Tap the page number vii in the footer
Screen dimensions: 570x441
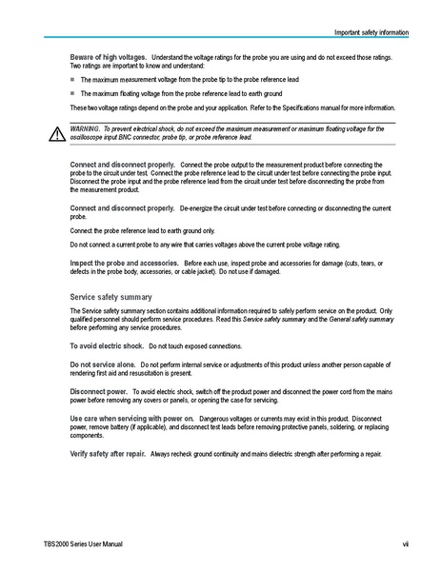tap(404, 543)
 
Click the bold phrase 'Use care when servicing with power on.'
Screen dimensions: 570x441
tap(132, 418)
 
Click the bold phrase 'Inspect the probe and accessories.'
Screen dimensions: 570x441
tap(125, 261)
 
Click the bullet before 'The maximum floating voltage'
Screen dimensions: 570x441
tap(72, 94)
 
